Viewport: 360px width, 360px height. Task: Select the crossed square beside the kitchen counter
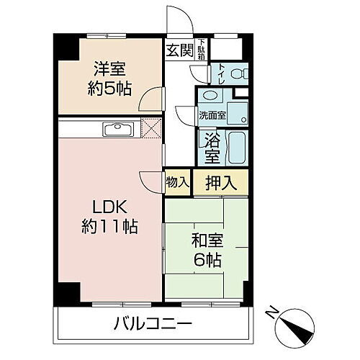[152, 130]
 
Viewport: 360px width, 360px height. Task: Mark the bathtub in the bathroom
[236, 148]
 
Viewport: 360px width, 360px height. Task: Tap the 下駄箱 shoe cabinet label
[202, 48]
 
